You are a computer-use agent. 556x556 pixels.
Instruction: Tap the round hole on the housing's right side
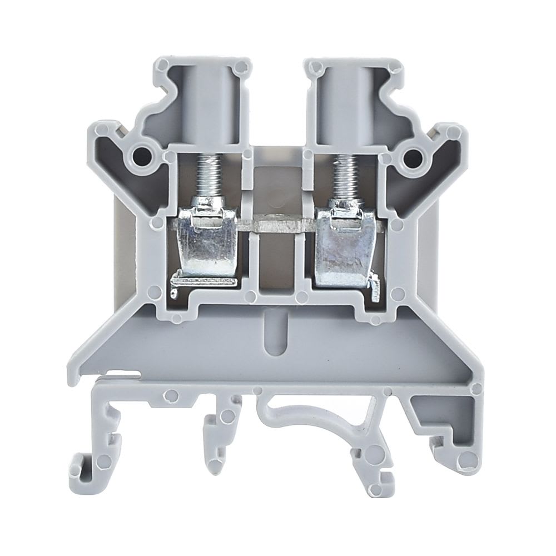click(412, 155)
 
